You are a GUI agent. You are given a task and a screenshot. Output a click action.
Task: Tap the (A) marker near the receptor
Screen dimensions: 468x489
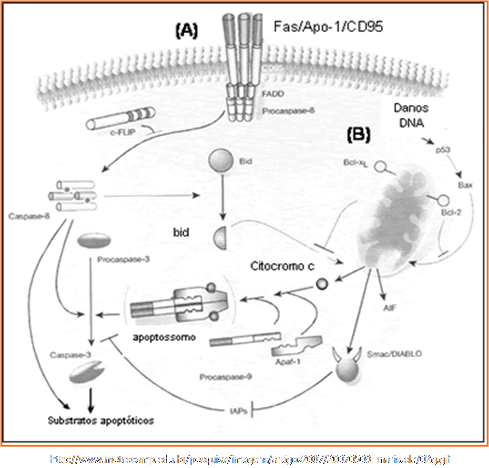186,31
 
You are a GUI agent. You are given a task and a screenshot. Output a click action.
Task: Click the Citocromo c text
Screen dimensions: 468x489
282,266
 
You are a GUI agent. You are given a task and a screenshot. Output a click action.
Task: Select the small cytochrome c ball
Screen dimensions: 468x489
321,284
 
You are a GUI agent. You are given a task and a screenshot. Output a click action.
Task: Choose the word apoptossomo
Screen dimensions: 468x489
164,338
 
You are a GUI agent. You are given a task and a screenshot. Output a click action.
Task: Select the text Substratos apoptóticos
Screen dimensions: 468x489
101,420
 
